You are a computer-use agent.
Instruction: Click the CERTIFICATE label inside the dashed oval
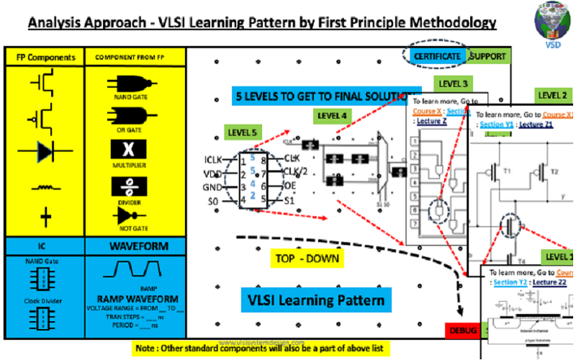coord(436,55)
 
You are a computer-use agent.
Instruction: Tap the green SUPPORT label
coord(487,55)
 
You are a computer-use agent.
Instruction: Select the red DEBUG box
coord(463,330)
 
